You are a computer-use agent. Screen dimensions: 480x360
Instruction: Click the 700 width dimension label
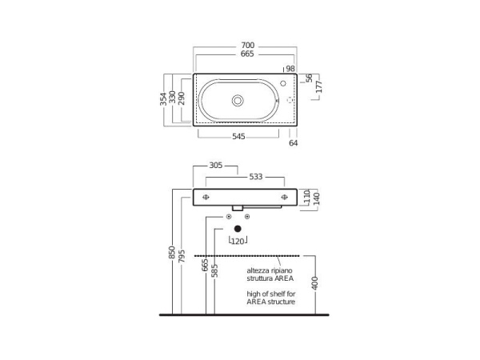(x=248, y=46)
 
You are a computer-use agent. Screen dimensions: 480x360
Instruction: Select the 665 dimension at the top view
(x=247, y=54)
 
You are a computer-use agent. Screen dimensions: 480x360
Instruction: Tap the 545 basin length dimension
(x=238, y=137)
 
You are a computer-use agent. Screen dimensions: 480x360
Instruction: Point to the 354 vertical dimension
(x=163, y=99)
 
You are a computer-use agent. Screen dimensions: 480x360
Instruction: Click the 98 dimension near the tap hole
(x=290, y=69)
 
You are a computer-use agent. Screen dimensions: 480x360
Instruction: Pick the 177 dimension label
(x=318, y=86)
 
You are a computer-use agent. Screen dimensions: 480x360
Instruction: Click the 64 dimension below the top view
(x=294, y=143)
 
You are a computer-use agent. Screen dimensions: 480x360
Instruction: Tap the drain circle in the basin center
(x=238, y=101)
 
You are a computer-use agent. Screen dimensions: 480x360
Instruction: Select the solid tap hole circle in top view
(x=283, y=83)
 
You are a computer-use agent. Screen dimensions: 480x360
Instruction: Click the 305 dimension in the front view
(x=215, y=166)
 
